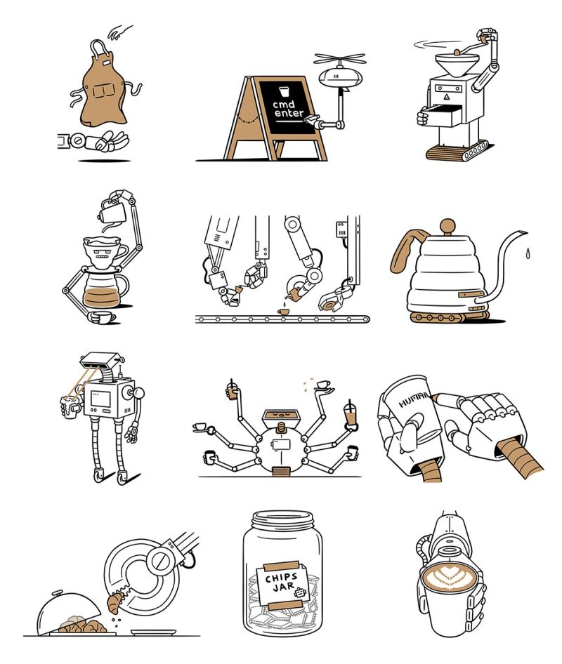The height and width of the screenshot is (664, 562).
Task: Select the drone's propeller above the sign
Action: point(340,59)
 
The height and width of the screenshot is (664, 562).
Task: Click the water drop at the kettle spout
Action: point(525,251)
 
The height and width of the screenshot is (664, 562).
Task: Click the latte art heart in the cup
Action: point(448,578)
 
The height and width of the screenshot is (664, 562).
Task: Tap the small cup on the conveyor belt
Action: point(284,310)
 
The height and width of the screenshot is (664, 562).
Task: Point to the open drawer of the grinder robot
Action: point(439,117)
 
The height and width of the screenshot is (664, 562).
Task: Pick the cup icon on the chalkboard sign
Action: point(283,91)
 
